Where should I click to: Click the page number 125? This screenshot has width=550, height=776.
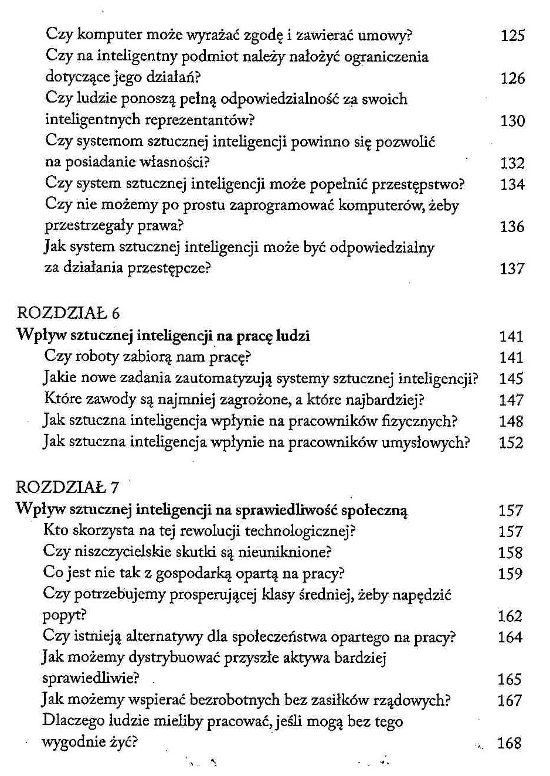coord(512,36)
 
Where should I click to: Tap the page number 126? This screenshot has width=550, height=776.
coord(512,79)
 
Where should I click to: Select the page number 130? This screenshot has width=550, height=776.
coord(512,121)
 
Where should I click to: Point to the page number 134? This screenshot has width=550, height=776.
coord(512,185)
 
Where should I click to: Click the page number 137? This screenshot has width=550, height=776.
coord(512,269)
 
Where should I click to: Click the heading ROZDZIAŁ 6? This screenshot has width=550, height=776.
coord(68,314)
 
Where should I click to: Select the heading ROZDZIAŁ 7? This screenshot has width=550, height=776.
coord(67,488)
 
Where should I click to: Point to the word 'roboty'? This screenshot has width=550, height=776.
coord(96,356)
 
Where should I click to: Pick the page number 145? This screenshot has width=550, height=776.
coord(511,379)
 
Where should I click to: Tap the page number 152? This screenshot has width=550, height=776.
coord(511,443)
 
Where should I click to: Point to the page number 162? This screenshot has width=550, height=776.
coord(510,617)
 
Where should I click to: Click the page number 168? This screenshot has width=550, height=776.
coord(509,744)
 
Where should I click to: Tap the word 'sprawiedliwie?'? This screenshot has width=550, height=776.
coord(90,679)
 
